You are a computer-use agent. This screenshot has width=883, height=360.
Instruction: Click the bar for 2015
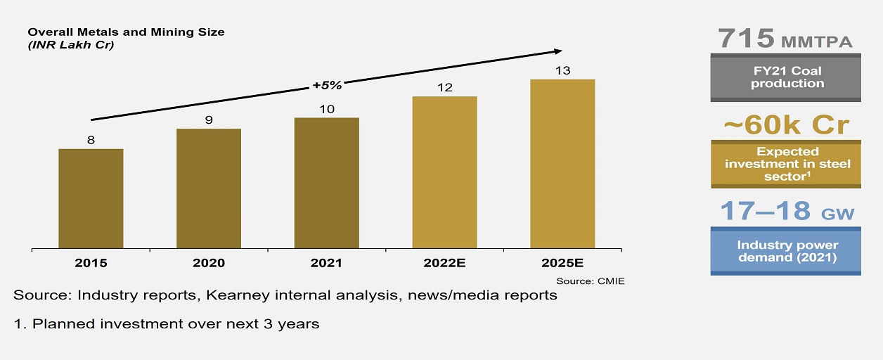[x=91, y=199]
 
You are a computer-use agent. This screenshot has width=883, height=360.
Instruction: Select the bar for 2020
[x=209, y=188]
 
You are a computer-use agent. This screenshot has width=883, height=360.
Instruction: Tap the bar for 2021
[x=326, y=183]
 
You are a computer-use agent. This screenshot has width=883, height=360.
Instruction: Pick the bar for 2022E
[x=444, y=172]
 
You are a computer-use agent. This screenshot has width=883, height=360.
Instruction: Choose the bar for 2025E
[x=562, y=164]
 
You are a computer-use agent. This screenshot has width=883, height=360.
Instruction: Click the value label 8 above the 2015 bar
[x=91, y=140]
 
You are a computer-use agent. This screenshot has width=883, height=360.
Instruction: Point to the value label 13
[x=562, y=70]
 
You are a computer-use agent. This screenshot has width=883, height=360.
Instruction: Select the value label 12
[x=444, y=87]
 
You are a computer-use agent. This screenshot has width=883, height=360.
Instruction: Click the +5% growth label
[x=326, y=86]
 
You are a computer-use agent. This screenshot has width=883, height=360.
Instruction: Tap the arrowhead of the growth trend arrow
[x=558, y=51]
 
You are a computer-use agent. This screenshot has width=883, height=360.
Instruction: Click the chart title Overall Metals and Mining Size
[x=126, y=32]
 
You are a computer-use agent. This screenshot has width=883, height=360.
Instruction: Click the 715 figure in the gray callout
[x=747, y=39]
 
